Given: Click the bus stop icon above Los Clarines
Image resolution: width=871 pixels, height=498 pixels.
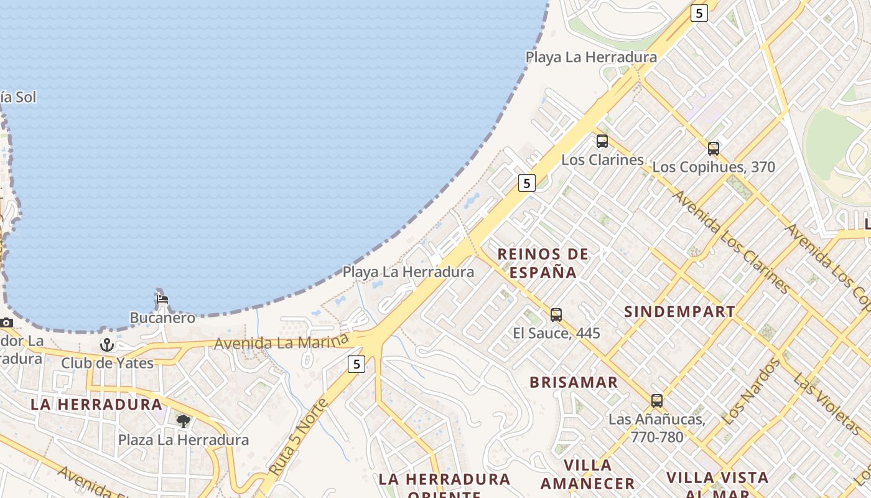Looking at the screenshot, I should pos(602,141).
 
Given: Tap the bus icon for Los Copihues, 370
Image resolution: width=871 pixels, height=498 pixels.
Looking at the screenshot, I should pos(713,149).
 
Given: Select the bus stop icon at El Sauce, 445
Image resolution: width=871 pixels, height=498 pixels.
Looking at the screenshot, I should pos(556,315).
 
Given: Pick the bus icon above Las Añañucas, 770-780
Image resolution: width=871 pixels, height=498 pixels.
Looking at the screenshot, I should pos(657,401).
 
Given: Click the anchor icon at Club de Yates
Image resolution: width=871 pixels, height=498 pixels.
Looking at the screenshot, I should pos(107,344).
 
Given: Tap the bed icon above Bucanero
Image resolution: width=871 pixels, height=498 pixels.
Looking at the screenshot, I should pos(162,299).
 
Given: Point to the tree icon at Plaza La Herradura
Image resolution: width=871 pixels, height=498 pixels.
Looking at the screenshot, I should pos(184,421).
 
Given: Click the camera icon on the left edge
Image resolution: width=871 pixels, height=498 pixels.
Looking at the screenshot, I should pos(6,322).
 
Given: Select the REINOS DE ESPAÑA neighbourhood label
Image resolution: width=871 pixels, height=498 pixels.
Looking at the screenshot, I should pos(543,263).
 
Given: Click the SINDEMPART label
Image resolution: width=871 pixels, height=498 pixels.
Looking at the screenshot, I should pos(679,312).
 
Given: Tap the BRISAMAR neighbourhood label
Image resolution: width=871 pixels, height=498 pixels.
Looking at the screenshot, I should pos(574,382).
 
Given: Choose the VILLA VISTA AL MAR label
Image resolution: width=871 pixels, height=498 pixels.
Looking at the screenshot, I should pos(717,483).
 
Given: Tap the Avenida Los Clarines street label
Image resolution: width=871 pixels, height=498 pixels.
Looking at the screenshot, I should pos(732,242).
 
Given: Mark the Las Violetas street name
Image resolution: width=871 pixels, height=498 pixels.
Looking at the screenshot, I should pos(827,404).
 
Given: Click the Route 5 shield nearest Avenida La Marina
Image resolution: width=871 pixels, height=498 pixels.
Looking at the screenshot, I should pos(356,364).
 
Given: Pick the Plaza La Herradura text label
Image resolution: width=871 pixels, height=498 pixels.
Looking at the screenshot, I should pos(184,440).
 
